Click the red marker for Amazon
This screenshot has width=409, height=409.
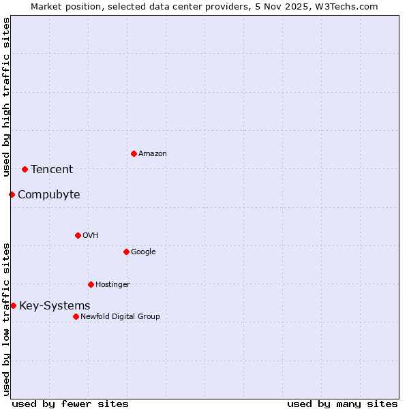click(x=134, y=153)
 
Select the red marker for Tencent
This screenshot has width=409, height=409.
click(x=25, y=169)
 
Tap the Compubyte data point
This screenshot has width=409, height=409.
click(x=12, y=194)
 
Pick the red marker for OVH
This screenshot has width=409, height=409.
click(x=78, y=235)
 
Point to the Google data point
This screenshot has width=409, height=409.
click(x=126, y=252)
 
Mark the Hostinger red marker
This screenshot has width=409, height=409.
click(x=91, y=284)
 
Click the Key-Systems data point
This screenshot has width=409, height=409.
click(x=13, y=305)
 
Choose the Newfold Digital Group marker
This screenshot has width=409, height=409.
click(x=76, y=316)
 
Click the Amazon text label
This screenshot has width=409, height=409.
click(x=153, y=154)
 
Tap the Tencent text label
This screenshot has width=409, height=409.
click(x=52, y=170)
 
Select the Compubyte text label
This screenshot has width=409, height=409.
click(x=48, y=195)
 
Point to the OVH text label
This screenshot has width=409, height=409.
click(x=91, y=236)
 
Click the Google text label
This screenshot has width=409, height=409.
click(x=143, y=252)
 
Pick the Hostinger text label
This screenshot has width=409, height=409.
click(x=112, y=285)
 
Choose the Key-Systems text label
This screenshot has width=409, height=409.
click(x=55, y=306)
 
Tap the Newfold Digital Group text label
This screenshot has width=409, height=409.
click(x=120, y=317)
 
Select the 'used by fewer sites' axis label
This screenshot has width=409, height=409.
click(x=70, y=404)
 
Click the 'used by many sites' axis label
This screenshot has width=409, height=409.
click(x=342, y=404)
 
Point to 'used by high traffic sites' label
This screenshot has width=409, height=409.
click(x=6, y=97)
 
